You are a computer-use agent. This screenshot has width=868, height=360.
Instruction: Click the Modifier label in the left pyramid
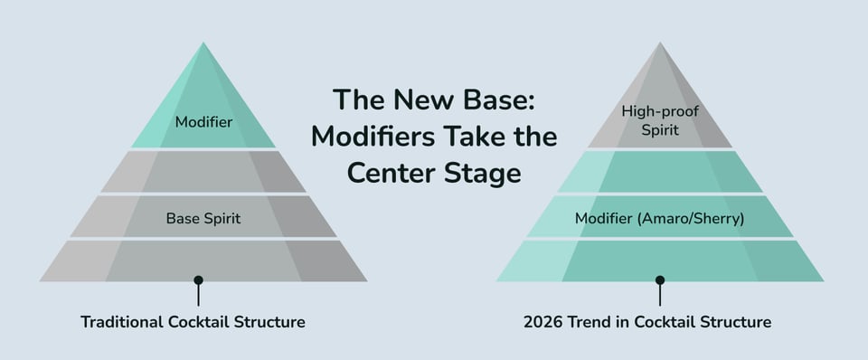pyautogui.click(x=203, y=121)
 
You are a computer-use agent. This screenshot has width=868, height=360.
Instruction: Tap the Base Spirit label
pyautogui.click(x=203, y=218)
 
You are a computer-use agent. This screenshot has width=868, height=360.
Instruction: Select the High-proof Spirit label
pyautogui.click(x=659, y=120)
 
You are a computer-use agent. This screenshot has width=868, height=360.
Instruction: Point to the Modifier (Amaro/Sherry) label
pyautogui.click(x=659, y=218)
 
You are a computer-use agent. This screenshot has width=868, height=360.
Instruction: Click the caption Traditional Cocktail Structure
pyautogui.click(x=193, y=321)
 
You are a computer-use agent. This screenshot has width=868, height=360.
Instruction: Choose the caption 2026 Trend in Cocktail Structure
pyautogui.click(x=647, y=321)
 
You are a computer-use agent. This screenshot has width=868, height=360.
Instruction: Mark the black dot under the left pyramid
pyautogui.click(x=198, y=280)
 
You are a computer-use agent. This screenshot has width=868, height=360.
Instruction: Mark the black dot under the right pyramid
pyautogui.click(x=660, y=280)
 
